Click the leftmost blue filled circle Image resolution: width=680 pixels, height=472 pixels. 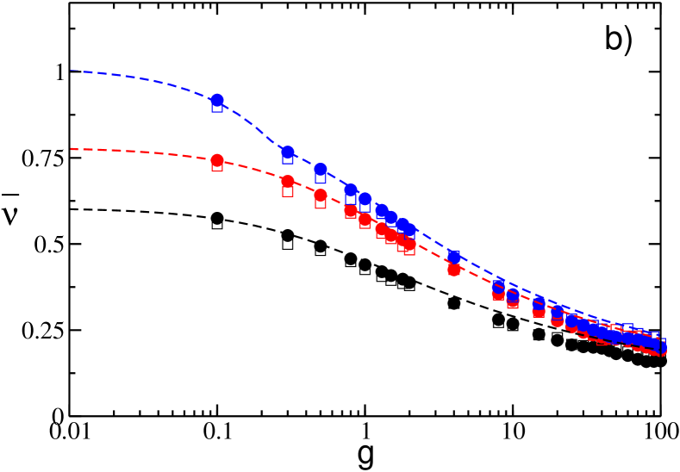click(x=217, y=101)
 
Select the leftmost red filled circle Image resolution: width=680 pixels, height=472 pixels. click(x=217, y=160)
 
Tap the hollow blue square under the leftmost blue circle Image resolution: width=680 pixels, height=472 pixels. click(x=217, y=108)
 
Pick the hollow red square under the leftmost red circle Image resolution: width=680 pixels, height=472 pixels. click(x=217, y=166)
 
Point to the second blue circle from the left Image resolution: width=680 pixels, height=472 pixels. click(x=288, y=152)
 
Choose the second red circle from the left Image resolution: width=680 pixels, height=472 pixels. click(x=288, y=182)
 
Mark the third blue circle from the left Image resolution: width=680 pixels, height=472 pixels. click(x=321, y=170)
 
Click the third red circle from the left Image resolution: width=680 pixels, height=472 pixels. click(x=321, y=195)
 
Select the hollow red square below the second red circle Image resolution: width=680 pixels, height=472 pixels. click(x=288, y=191)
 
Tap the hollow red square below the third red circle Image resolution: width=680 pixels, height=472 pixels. click(x=321, y=204)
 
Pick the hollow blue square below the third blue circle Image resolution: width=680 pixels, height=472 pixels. click(x=321, y=178)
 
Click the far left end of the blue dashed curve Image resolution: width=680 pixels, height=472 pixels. click(x=72, y=71)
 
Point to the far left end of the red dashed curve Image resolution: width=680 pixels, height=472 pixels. click(x=72, y=150)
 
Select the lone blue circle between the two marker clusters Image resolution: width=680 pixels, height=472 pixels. click(x=454, y=257)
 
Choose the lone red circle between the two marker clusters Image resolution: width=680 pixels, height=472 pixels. click(x=454, y=270)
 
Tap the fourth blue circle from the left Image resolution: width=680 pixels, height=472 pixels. click(x=351, y=189)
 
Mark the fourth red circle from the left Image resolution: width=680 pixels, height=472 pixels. click(x=351, y=210)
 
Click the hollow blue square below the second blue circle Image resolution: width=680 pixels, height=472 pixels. click(x=288, y=159)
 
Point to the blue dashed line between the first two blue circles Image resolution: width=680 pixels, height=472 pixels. click(x=253, y=123)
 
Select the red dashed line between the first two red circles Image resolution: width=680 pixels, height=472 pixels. click(x=253, y=169)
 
